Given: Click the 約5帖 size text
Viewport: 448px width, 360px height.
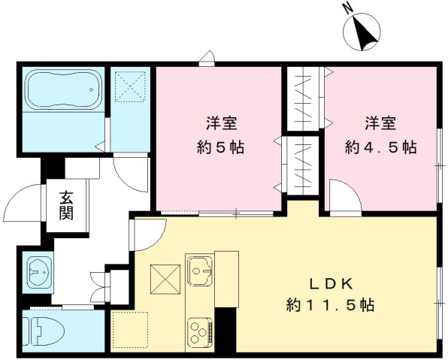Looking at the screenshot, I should click(220, 147).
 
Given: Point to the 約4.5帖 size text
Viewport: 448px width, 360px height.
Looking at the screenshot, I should click(380, 147).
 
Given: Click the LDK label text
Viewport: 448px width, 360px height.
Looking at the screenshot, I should click(331, 283).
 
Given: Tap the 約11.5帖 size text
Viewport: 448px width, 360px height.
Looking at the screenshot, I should click(331, 306).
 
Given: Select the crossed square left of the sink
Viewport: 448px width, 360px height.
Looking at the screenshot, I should click(165, 280).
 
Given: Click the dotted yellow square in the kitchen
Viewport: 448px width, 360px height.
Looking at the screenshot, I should click(130, 328).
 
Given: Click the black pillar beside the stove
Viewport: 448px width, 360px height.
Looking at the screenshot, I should click(226, 328).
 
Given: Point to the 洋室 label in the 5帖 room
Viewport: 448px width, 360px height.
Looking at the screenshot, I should click(220, 123).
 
